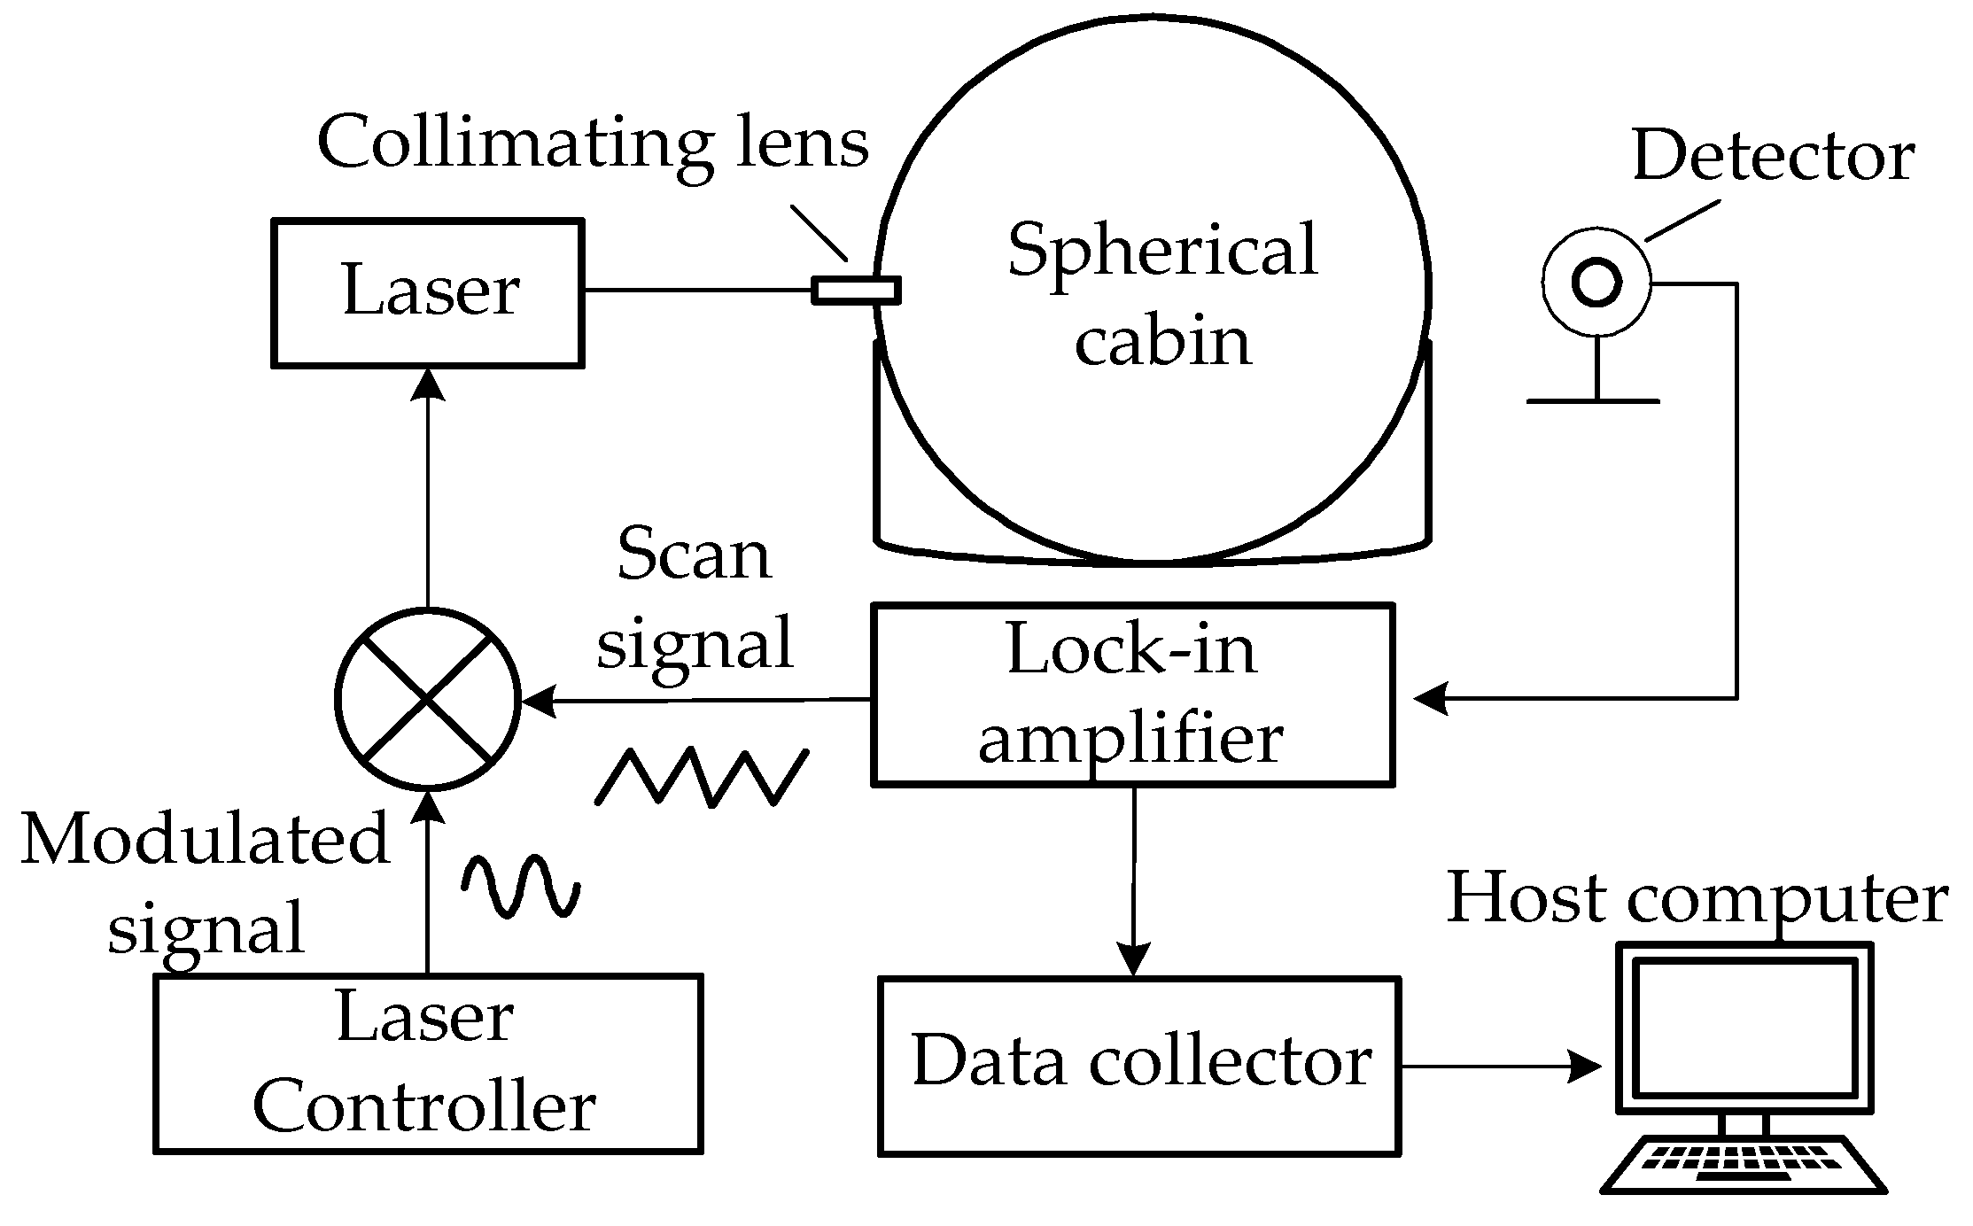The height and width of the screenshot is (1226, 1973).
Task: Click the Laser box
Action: coord(428,292)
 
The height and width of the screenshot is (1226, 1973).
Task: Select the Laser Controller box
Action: coord(428,1063)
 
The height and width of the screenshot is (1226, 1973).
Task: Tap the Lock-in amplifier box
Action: coord(1132,694)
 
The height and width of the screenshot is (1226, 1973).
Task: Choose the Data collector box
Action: coord(1139,1066)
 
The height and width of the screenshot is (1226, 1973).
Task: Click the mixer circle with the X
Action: coord(428,699)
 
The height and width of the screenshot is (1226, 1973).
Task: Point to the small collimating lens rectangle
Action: coord(856,290)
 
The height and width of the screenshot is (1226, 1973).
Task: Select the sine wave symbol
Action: coord(521,885)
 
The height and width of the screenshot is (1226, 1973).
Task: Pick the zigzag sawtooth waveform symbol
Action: coord(702,777)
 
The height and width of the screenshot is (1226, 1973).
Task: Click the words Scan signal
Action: coord(694,598)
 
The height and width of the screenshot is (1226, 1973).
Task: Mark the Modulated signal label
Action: coord(206,881)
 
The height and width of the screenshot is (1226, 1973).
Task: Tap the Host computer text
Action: coord(1697,898)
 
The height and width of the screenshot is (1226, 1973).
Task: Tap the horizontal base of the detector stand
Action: coord(1593,401)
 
